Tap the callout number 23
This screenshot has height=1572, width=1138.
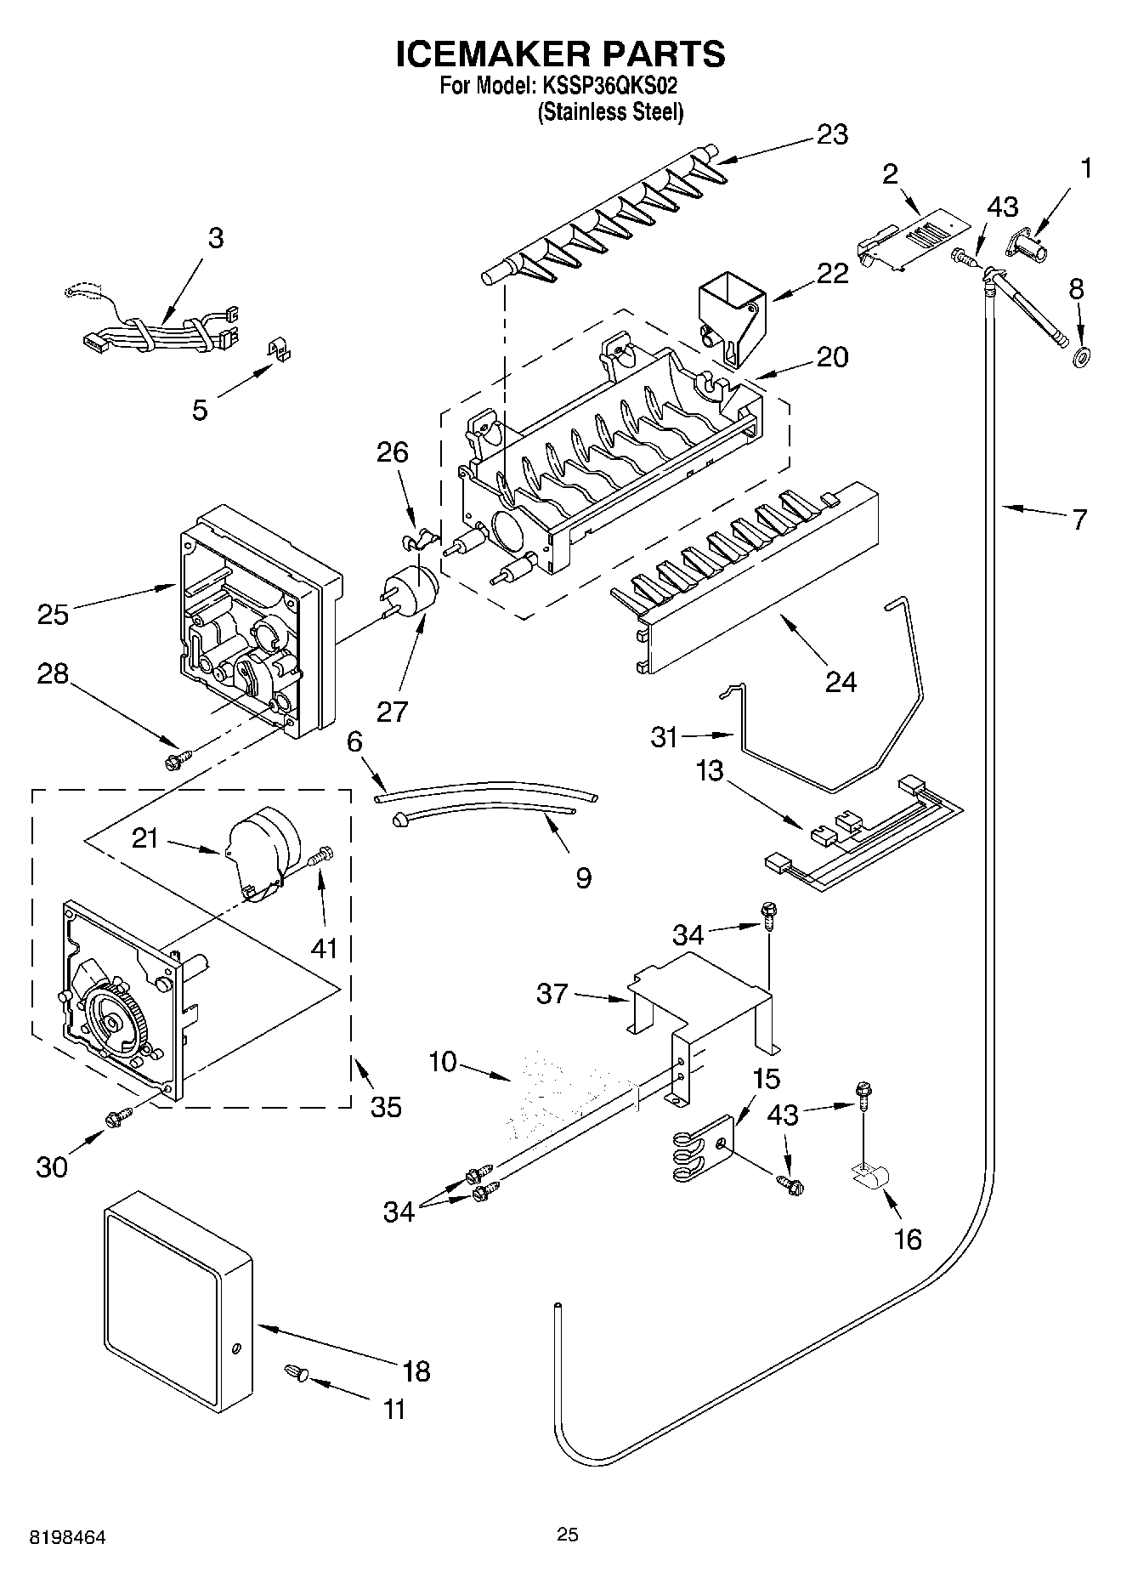tap(832, 134)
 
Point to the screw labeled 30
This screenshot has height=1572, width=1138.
tap(116, 1119)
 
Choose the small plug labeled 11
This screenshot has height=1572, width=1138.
tap(294, 1370)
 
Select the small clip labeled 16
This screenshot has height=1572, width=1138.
tap(869, 1178)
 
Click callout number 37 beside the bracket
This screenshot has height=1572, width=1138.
tap(552, 992)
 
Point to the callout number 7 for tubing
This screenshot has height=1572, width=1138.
tap(1079, 519)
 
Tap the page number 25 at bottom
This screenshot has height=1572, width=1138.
tap(567, 1534)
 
